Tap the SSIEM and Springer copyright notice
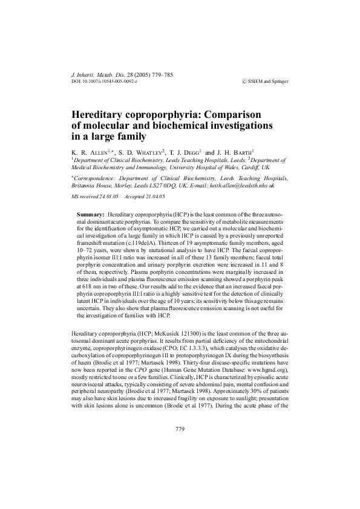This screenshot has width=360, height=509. coord(264,80)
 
